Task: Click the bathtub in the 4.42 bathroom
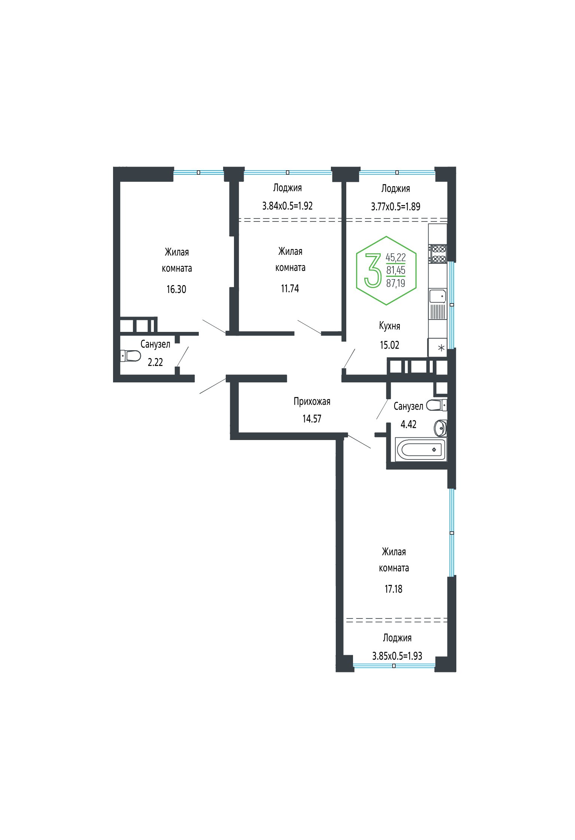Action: pyautogui.click(x=421, y=449)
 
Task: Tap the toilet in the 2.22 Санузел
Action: pyautogui.click(x=130, y=355)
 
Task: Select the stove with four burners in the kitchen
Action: pyautogui.click(x=438, y=254)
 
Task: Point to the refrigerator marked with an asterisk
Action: pyautogui.click(x=438, y=348)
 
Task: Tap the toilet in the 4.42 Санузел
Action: pyautogui.click(x=436, y=405)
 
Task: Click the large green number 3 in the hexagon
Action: pyautogui.click(x=373, y=271)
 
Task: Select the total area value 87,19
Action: pyautogui.click(x=396, y=283)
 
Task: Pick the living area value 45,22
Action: pyautogui.click(x=396, y=257)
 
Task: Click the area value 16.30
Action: pyautogui.click(x=176, y=289)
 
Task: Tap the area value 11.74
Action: pyautogui.click(x=290, y=288)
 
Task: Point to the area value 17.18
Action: pyautogui.click(x=393, y=589)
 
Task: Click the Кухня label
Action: pyautogui.click(x=390, y=326)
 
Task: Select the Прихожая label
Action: pyautogui.click(x=312, y=401)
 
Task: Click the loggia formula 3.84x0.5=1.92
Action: pyautogui.click(x=287, y=206)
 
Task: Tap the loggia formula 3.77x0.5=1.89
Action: pyautogui.click(x=396, y=207)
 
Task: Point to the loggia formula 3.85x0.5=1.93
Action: pyautogui.click(x=397, y=656)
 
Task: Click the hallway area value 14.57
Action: pyautogui.click(x=312, y=419)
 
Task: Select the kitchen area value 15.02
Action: pyautogui.click(x=390, y=345)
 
